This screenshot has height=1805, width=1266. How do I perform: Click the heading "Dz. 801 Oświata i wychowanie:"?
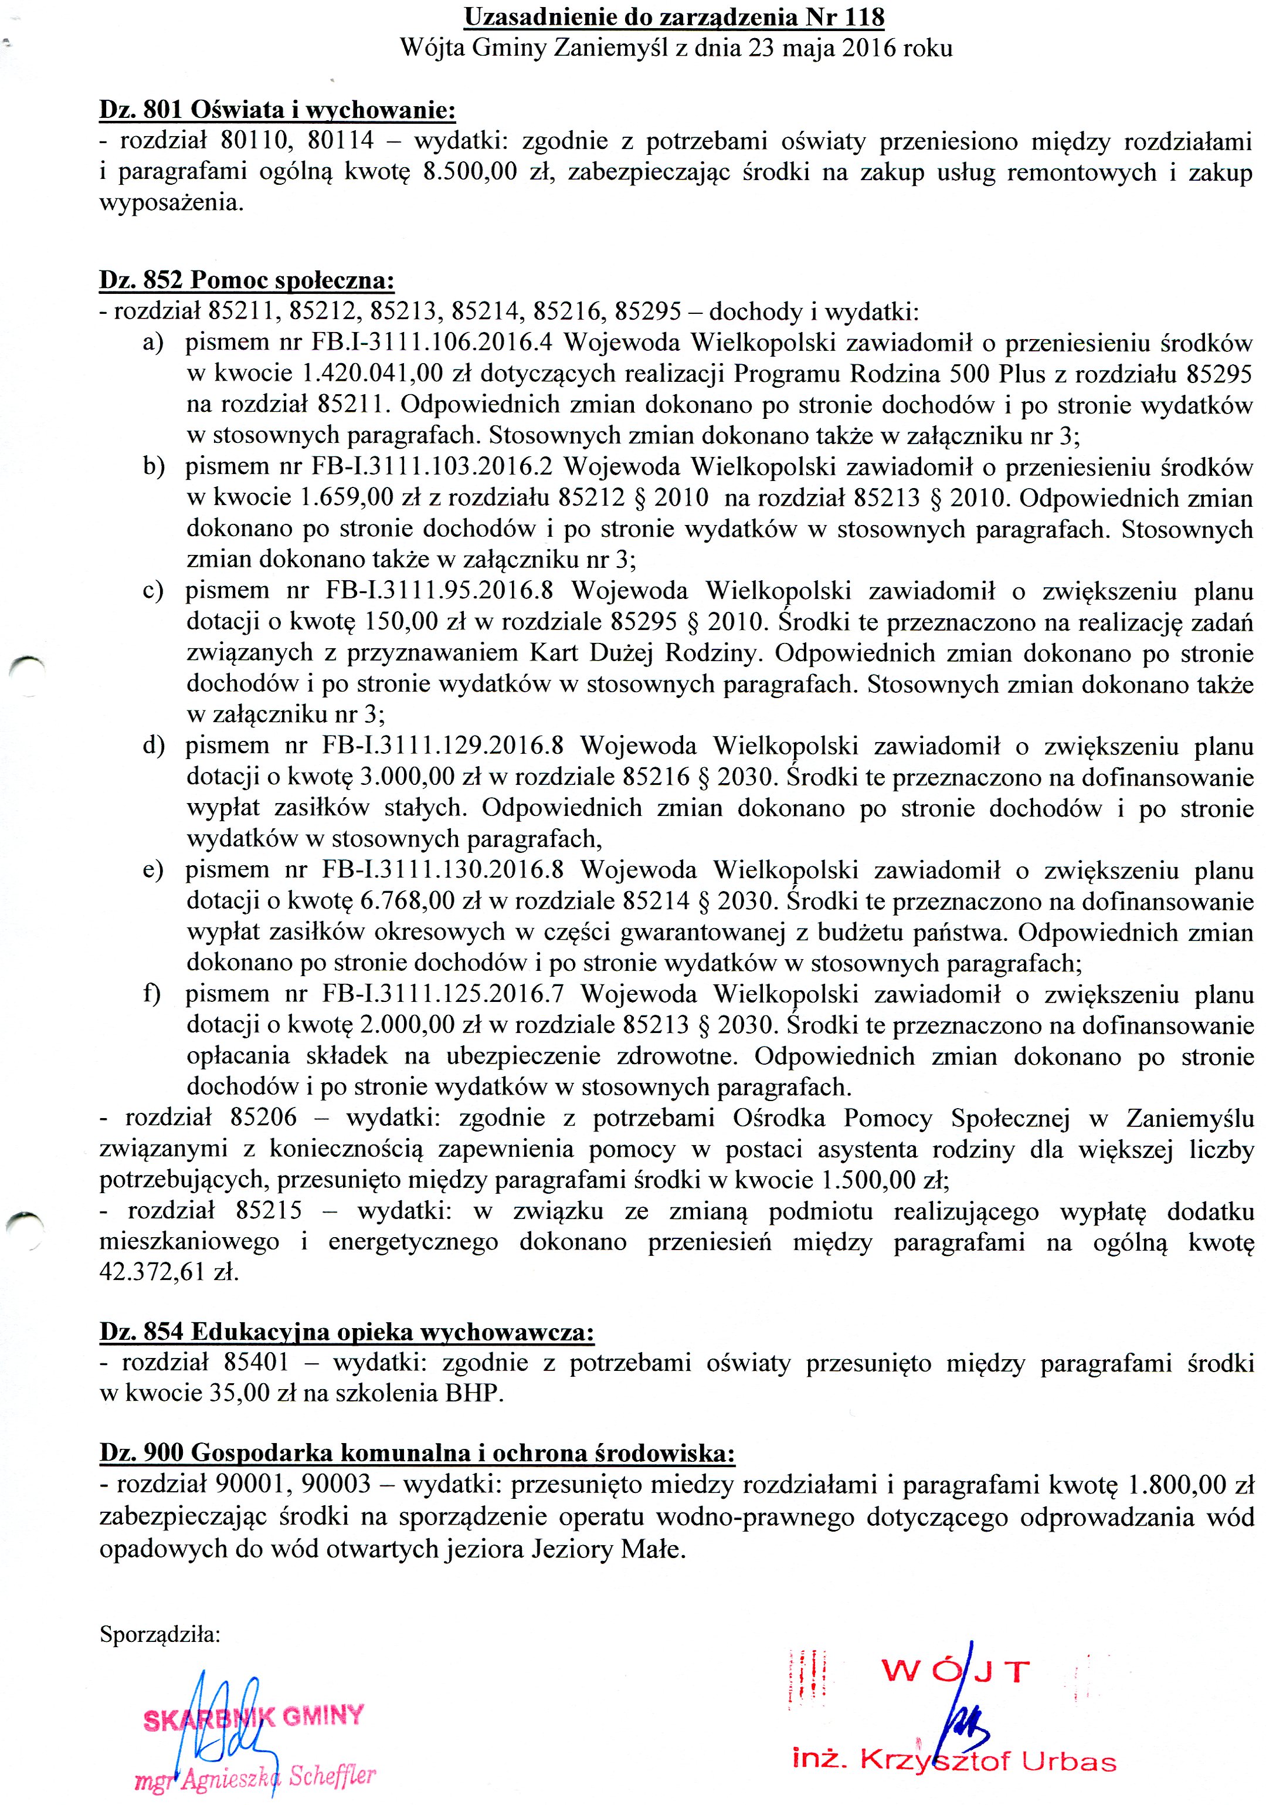(277, 110)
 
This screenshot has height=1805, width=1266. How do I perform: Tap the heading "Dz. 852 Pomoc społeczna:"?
(247, 280)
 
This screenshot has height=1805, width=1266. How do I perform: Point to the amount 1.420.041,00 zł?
(388, 374)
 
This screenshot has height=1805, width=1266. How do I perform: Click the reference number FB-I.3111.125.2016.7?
(443, 994)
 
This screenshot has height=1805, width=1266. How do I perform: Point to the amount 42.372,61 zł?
(168, 1273)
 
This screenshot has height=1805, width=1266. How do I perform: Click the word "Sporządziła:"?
(160, 1634)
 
